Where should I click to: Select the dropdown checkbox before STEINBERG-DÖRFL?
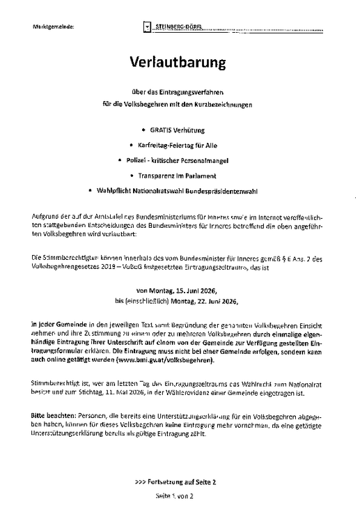tap(146, 27)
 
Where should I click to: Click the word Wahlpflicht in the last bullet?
tap(106, 190)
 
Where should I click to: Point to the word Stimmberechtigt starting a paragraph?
tap(57, 384)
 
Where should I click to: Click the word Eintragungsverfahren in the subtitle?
tap(202, 93)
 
